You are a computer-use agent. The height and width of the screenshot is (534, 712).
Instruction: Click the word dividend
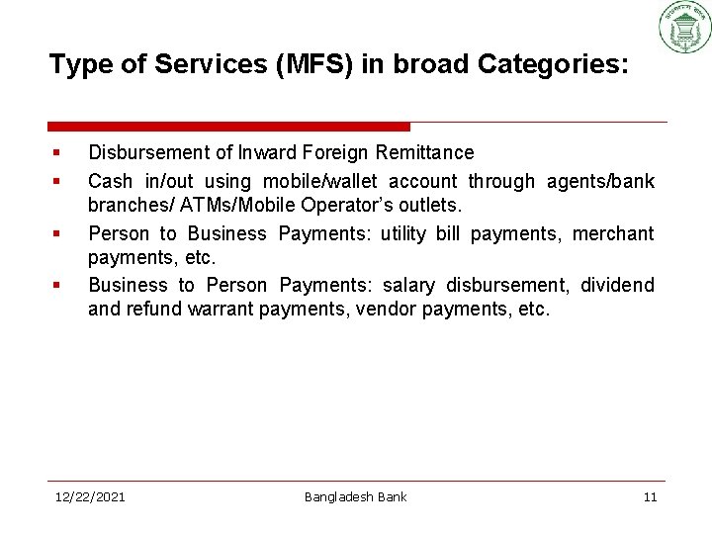(617, 286)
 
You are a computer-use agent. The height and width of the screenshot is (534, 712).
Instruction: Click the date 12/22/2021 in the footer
(90, 496)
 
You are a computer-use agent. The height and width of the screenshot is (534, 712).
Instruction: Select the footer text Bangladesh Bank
(355, 496)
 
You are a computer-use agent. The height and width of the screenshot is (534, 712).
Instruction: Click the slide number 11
(650, 496)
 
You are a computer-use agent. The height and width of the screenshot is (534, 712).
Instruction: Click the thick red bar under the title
(228, 127)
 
